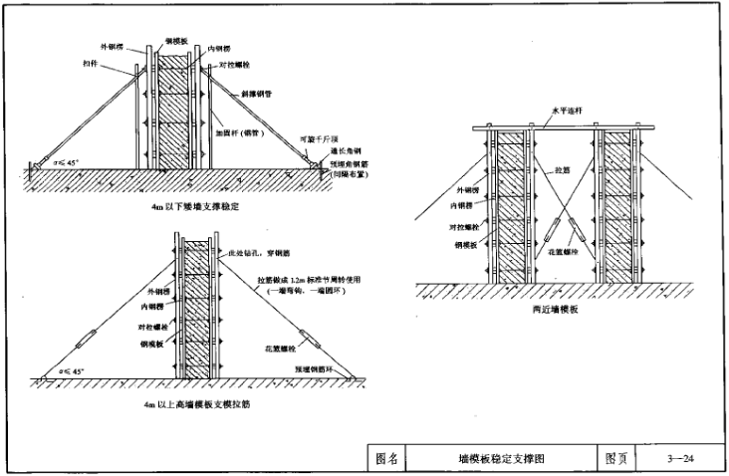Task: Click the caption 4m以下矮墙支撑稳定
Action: [191, 206]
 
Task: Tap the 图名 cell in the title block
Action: [387, 460]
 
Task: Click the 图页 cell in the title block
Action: [615, 460]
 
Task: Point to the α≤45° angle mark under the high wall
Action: [71, 371]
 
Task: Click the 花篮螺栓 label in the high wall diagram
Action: [283, 350]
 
